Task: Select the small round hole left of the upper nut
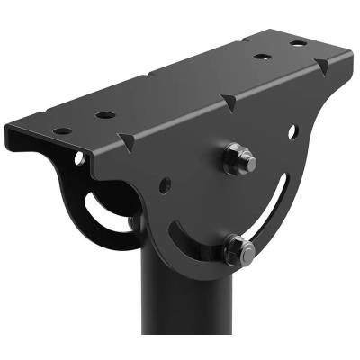click(166, 185)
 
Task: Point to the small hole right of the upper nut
click(292, 131)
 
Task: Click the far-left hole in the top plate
click(62, 131)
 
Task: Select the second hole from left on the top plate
click(105, 115)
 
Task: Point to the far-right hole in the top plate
click(297, 42)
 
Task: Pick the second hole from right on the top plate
click(262, 56)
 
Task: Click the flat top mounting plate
click(180, 90)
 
